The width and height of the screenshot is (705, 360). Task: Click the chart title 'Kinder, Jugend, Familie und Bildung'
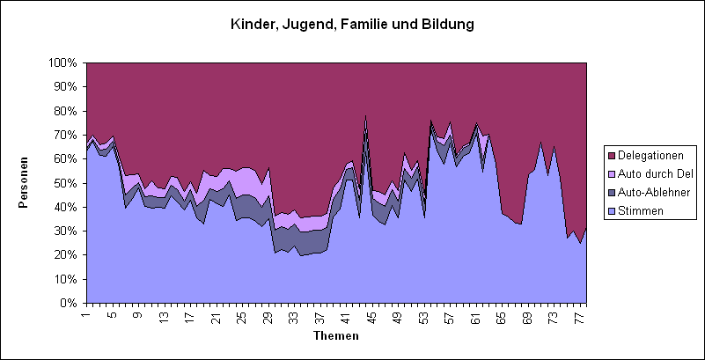352,25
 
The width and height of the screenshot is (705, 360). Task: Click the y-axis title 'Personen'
26,183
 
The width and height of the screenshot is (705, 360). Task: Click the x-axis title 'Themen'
335,335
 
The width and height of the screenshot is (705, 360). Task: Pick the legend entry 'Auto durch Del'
651,173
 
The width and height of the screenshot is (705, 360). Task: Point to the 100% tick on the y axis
63,63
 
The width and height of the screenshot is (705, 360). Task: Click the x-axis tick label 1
86,317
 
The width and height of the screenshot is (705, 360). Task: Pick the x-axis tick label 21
216,317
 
